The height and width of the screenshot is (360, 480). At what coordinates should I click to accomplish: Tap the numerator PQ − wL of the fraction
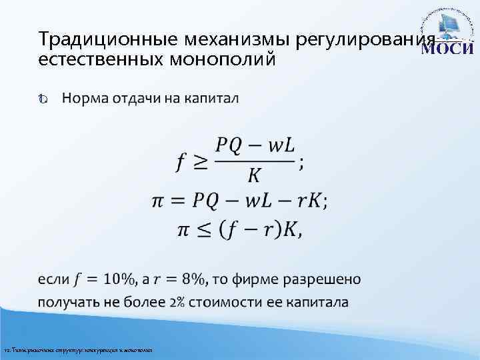pyautogui.click(x=256, y=145)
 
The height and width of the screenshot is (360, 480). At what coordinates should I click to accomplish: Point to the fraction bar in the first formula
pyautogui.click(x=256, y=161)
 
